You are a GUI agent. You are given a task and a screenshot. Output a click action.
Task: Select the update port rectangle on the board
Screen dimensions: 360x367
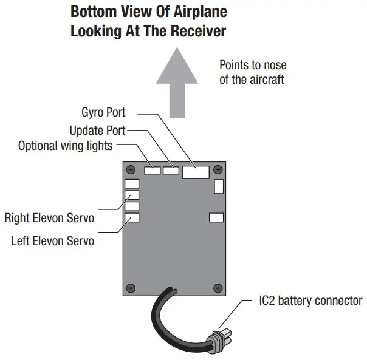pos(171,171)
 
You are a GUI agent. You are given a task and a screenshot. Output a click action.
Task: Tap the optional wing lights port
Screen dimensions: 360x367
pos(151,171)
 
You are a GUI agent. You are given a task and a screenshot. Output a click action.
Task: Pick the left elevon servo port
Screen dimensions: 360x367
pos(132,217)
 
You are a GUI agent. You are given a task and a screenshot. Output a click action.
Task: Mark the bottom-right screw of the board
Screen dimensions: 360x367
pos(218,287)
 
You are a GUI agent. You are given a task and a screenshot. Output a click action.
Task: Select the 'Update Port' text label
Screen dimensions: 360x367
pos(97,130)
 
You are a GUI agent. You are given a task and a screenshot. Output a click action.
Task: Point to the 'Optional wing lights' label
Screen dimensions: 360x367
pos(66,146)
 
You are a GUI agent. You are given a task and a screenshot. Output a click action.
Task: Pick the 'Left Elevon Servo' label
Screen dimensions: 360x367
pos(52,241)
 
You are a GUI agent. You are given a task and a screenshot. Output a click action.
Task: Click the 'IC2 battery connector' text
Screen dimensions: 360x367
pos(310,301)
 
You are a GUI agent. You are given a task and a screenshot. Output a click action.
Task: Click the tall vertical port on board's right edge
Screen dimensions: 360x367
pos(218,186)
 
